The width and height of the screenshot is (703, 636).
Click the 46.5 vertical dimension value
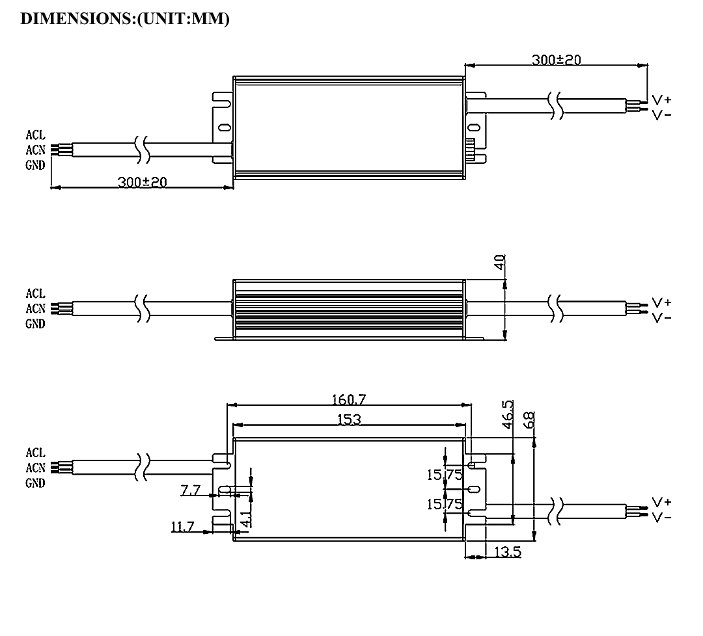pos(508,412)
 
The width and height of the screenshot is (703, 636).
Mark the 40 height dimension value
pos(499,263)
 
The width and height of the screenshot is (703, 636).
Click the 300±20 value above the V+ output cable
pos(556,60)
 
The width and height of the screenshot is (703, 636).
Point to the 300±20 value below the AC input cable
pos(142,182)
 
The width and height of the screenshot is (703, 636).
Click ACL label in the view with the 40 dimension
pos(35,293)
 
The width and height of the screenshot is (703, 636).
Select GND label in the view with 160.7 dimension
pos(35,483)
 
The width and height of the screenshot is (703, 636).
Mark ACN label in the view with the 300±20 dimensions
pos(35,150)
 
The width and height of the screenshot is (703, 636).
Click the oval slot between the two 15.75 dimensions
pos(474,488)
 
